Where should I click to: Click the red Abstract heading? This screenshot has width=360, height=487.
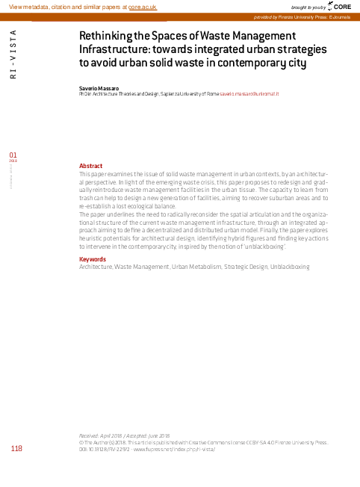(x=90, y=165)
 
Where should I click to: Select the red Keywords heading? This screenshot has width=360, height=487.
(x=93, y=259)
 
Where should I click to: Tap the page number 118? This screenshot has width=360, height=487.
(x=16, y=449)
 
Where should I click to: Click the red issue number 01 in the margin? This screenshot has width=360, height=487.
(x=13, y=155)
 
